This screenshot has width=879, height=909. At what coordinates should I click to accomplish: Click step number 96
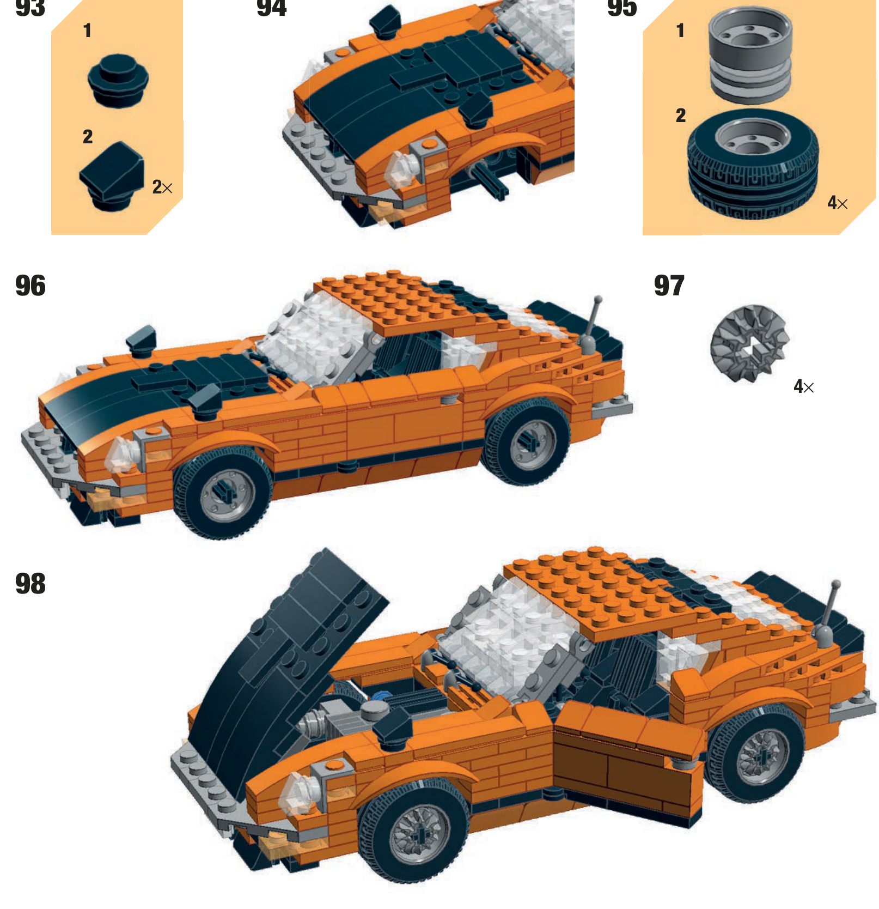[30, 286]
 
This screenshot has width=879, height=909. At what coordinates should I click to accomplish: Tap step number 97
[669, 286]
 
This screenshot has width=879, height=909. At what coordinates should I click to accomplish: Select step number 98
[30, 584]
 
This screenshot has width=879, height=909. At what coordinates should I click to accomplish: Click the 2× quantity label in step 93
[162, 187]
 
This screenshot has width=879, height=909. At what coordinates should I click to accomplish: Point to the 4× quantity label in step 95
[837, 203]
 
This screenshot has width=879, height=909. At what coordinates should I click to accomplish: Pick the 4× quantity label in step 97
[803, 386]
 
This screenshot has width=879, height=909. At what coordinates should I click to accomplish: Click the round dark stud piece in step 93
[118, 80]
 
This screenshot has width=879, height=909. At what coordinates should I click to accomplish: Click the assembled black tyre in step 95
[753, 163]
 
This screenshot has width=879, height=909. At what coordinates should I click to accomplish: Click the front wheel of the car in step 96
[223, 493]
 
